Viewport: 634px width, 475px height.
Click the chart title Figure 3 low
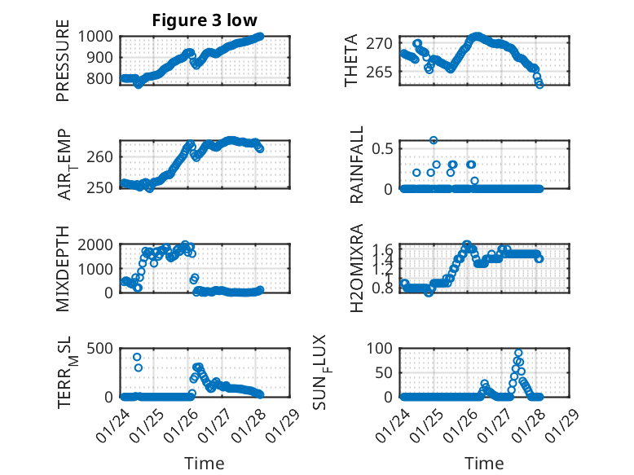(204, 20)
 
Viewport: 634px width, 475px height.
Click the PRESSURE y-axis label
(63, 66)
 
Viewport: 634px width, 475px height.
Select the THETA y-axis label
(350, 60)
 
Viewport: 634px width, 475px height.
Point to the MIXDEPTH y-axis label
(63, 270)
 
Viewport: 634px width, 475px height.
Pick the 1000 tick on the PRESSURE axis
(98, 36)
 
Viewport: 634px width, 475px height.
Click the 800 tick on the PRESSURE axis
(103, 79)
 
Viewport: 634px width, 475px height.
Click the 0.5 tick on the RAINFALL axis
(383, 147)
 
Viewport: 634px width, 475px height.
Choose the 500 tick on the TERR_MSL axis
(103, 348)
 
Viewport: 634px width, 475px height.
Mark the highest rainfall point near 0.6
(434, 140)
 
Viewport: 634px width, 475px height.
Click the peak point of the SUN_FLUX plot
(518, 354)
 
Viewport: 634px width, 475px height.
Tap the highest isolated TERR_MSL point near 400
(137, 357)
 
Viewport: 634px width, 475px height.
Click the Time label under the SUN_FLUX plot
(484, 463)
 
